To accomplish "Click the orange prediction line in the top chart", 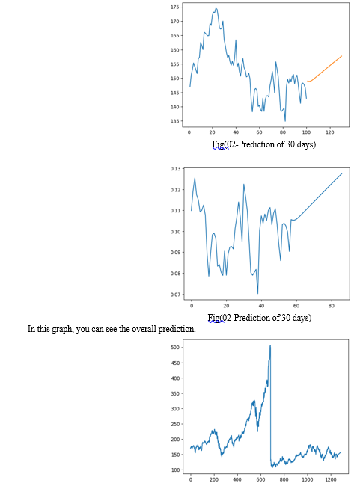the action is (325, 70).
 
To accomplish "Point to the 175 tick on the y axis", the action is (175, 7).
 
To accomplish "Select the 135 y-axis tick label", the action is (175, 121).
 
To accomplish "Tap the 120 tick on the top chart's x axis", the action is (330, 132).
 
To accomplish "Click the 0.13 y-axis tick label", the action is (175, 169).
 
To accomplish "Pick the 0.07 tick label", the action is (175, 295).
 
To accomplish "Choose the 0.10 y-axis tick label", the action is (175, 231).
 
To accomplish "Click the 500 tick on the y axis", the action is (175, 348).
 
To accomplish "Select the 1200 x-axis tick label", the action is (331, 479).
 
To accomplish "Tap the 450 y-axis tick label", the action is (175, 363).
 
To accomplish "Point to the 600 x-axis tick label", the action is (260, 479).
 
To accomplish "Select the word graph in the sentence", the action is (62, 330).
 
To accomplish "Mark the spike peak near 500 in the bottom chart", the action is (270, 345).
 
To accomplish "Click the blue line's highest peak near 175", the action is (216, 8).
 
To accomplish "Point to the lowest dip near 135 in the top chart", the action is (285, 120).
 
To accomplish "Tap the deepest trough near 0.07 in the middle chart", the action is (257, 293).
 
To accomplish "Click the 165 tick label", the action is (175, 36).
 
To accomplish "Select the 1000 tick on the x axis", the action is (308, 479).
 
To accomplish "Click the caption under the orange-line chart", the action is (264, 144).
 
